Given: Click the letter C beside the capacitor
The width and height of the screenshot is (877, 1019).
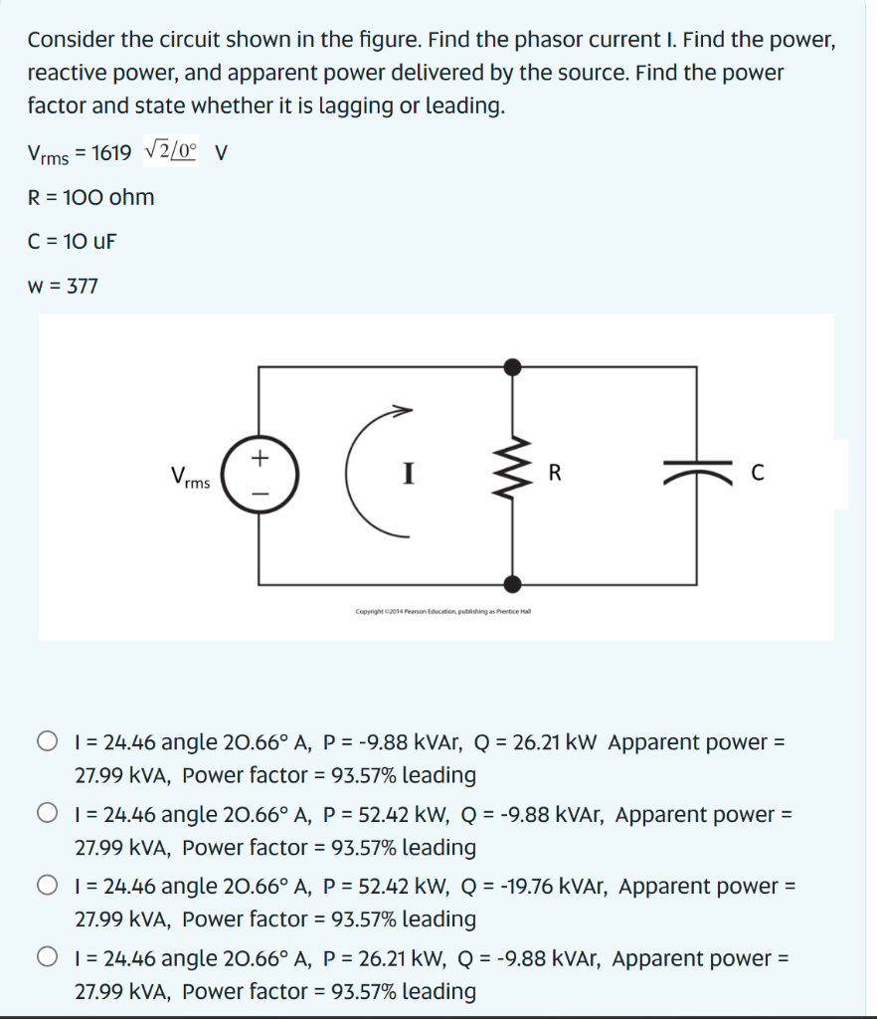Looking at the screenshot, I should tap(759, 475).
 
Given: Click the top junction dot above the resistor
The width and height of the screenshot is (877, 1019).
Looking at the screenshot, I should tap(512, 367).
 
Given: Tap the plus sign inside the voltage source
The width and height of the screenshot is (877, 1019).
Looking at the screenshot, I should tap(260, 458).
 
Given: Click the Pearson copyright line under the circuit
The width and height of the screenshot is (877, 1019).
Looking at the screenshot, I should tap(443, 611).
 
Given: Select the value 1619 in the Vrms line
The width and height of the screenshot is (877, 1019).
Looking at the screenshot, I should tap(109, 153).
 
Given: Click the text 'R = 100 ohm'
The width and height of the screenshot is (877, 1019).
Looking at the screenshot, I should tap(91, 197).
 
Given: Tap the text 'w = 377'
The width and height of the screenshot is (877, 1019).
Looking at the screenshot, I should tap(64, 287).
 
